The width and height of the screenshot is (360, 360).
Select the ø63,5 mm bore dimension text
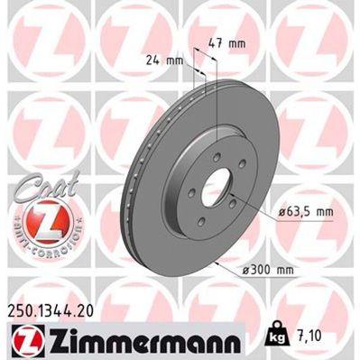pyautogui.click(x=292, y=211)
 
